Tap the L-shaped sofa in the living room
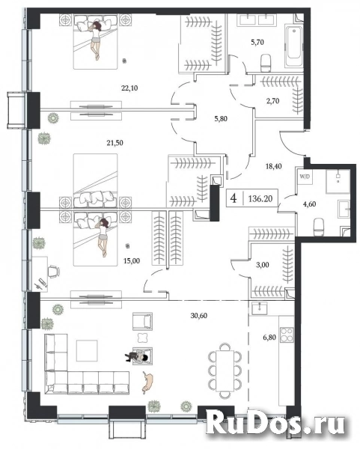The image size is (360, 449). pyautogui.click(x=67, y=370)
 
